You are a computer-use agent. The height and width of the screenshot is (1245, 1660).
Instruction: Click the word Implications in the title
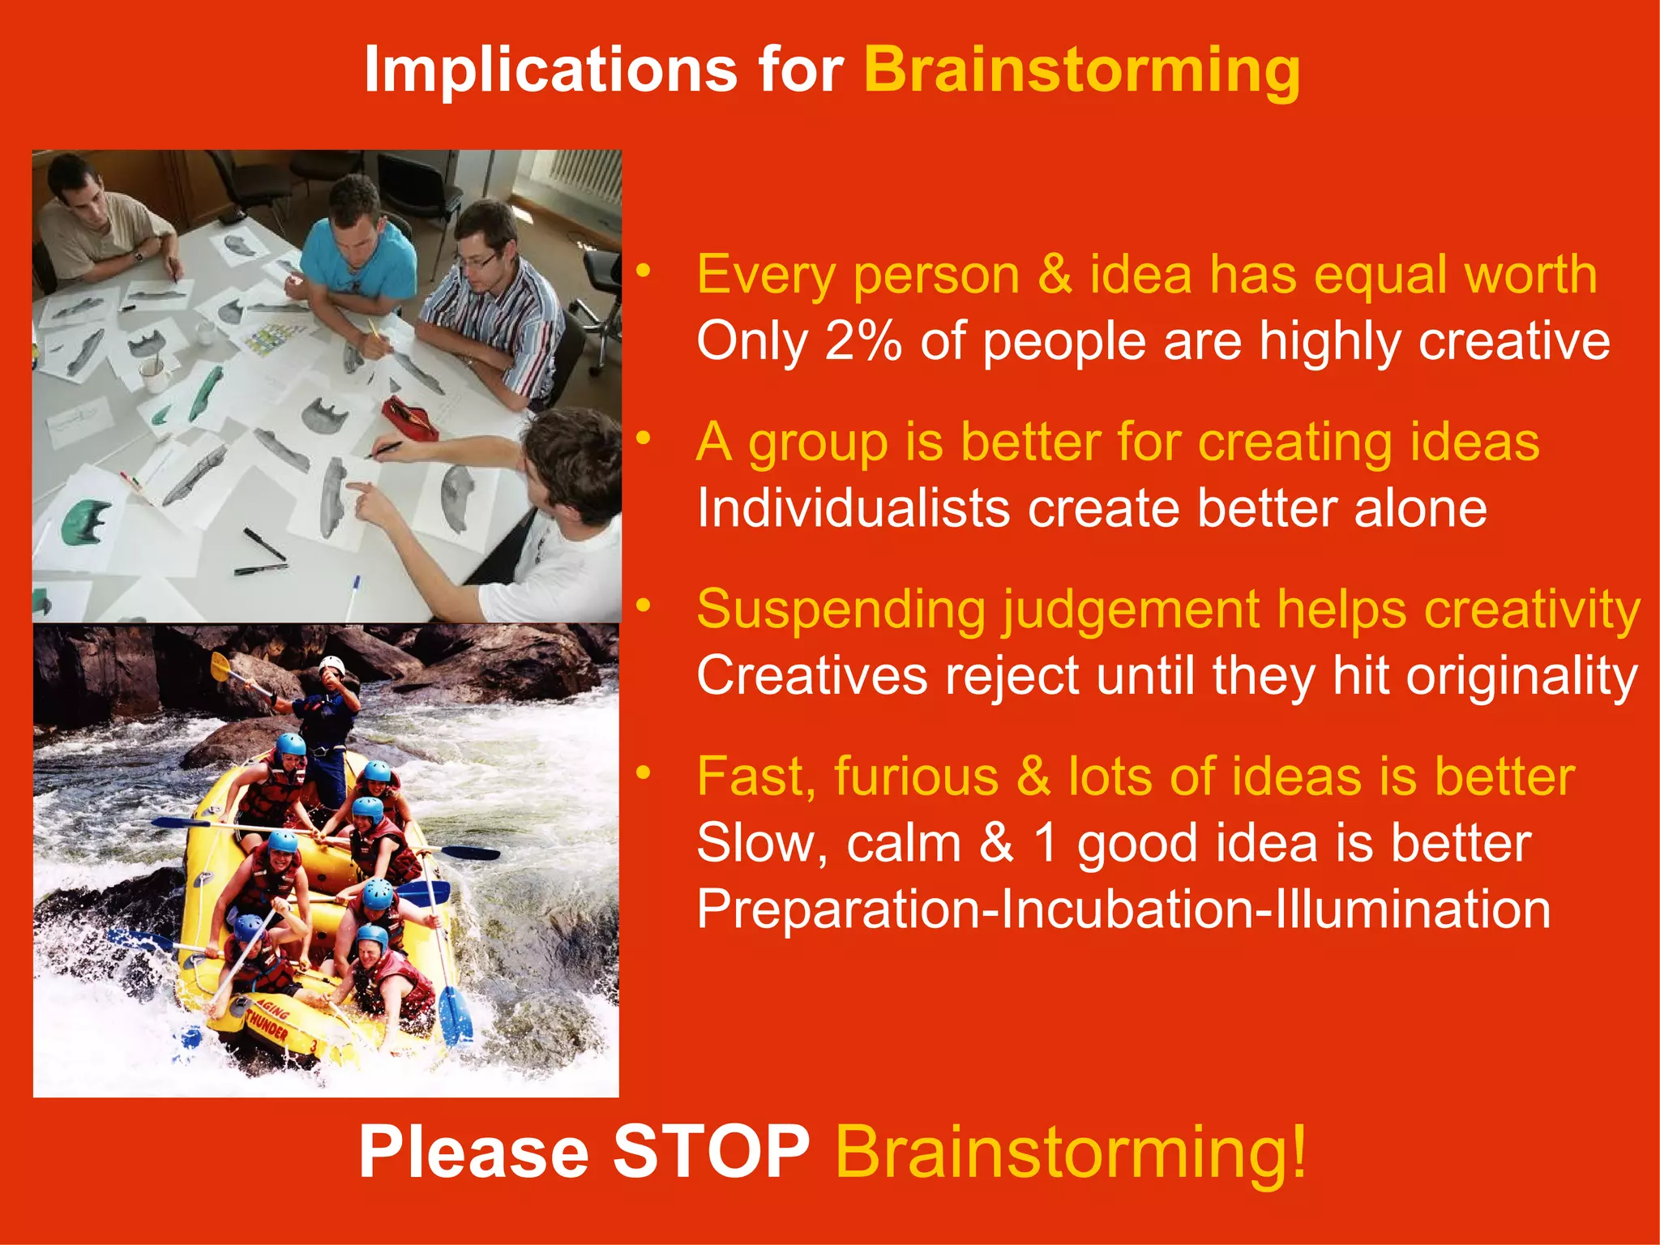550,70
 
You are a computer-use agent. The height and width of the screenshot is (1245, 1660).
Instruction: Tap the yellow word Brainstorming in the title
1082,71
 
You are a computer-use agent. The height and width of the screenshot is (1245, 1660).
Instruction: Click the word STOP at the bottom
711,1153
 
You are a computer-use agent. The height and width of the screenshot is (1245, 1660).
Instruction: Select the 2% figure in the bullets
862,340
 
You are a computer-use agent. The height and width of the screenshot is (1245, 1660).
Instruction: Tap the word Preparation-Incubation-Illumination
1123,909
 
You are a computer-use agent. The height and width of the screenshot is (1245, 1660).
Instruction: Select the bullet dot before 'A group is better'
644,439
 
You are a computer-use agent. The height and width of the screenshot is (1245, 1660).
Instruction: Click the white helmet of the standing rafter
332,666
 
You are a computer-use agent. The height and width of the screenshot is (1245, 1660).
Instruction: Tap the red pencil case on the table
409,417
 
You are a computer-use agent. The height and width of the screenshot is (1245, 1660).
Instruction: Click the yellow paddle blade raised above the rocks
220,666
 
